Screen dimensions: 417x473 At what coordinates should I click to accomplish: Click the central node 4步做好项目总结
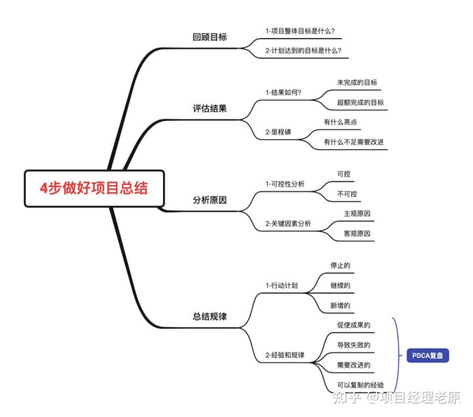click(x=93, y=188)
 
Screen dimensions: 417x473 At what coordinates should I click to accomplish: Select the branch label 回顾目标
click(x=210, y=37)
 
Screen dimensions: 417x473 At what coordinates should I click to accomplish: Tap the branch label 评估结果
click(x=210, y=108)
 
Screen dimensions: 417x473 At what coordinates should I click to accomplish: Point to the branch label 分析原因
click(x=210, y=200)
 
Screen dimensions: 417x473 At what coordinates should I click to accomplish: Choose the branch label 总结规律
click(x=210, y=317)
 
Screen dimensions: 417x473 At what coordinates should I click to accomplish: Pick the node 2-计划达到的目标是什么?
click(x=303, y=50)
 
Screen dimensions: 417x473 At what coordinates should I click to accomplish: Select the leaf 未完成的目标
click(x=357, y=83)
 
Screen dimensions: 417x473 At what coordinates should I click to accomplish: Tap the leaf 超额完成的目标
click(x=360, y=102)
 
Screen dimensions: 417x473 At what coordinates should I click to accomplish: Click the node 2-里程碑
click(x=278, y=132)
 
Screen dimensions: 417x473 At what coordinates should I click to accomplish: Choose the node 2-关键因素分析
click(x=288, y=224)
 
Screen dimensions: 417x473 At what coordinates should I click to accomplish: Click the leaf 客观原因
click(x=357, y=234)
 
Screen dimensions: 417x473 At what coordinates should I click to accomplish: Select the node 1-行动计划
click(x=281, y=286)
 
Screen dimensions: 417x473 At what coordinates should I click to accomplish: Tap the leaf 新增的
click(x=340, y=305)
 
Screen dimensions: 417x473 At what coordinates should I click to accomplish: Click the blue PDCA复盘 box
click(x=426, y=355)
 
